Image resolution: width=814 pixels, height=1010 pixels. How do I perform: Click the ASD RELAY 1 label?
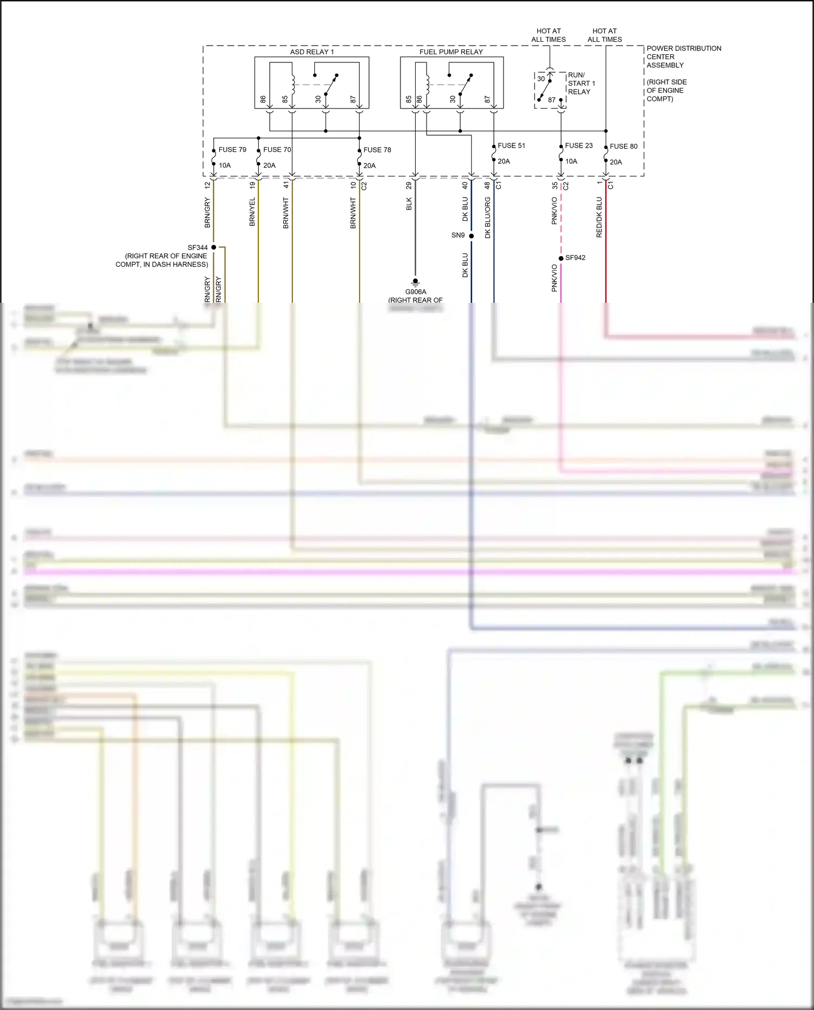(312, 52)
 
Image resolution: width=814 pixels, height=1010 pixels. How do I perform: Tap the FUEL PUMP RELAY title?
(451, 52)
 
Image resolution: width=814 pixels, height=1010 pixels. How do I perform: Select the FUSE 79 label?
(232, 150)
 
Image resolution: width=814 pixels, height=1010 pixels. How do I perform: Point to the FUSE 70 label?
(277, 150)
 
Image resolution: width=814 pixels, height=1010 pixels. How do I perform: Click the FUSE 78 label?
(377, 150)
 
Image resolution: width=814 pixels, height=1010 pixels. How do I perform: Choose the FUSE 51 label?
(511, 145)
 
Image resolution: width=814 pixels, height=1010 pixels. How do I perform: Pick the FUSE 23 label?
(578, 145)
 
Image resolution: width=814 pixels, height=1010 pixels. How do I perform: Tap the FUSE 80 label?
(624, 147)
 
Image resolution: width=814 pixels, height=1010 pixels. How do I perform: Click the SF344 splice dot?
(214, 247)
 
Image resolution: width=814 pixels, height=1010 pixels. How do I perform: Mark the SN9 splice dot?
(472, 236)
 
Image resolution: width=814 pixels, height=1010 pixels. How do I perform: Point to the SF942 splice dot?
(561, 258)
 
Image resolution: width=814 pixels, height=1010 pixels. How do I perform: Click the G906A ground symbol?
(416, 282)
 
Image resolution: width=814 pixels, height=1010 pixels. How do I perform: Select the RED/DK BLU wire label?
(600, 217)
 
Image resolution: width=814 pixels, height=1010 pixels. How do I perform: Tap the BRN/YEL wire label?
(252, 212)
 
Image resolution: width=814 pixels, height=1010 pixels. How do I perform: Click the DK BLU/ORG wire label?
(488, 218)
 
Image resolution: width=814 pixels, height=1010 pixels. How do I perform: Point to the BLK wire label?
(409, 204)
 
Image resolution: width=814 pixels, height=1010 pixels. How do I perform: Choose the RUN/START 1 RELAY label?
(581, 84)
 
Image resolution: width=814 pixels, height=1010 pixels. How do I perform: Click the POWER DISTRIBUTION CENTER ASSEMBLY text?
(684, 57)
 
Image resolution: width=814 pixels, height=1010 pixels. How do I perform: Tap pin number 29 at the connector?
(409, 186)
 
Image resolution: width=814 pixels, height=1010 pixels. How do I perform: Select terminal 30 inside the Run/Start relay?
(541, 79)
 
